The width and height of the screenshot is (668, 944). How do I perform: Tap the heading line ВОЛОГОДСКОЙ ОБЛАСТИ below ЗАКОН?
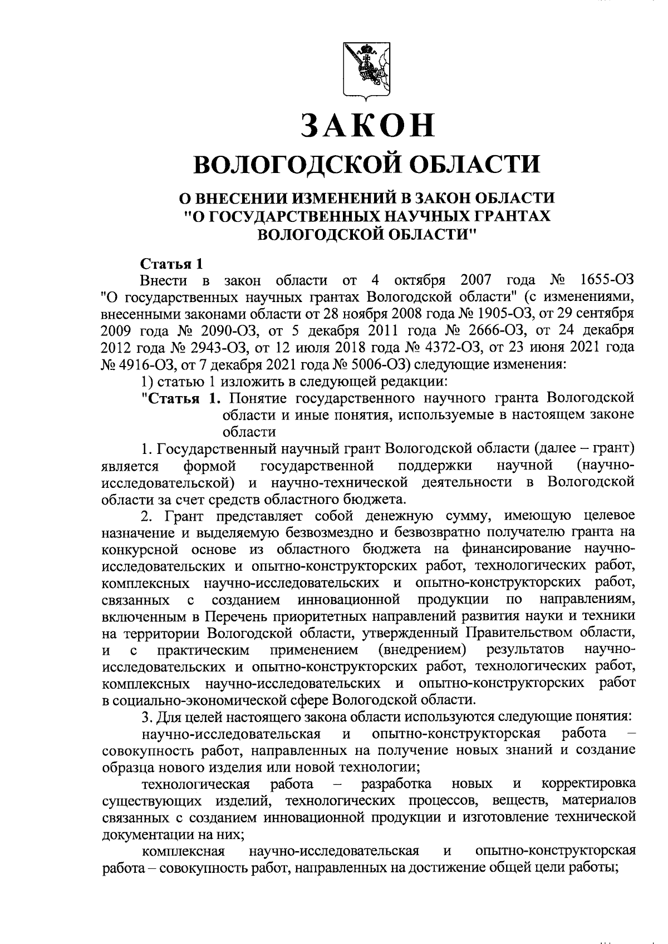(367, 164)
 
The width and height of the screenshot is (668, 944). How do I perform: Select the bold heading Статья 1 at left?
(168, 263)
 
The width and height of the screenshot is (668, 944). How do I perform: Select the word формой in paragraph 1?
(209, 464)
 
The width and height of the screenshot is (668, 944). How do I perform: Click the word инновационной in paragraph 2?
(350, 601)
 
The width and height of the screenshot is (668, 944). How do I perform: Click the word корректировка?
(588, 784)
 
